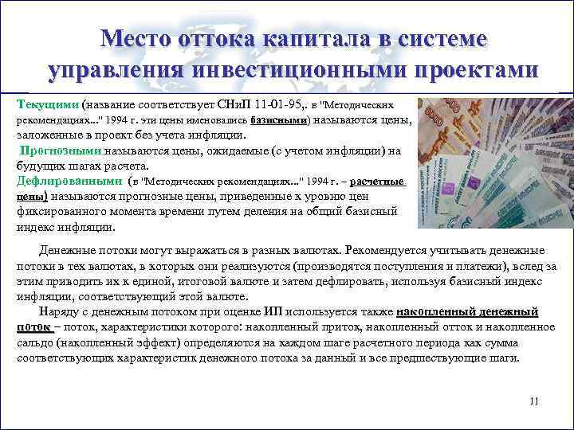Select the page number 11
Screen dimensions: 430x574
coord(533,401)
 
